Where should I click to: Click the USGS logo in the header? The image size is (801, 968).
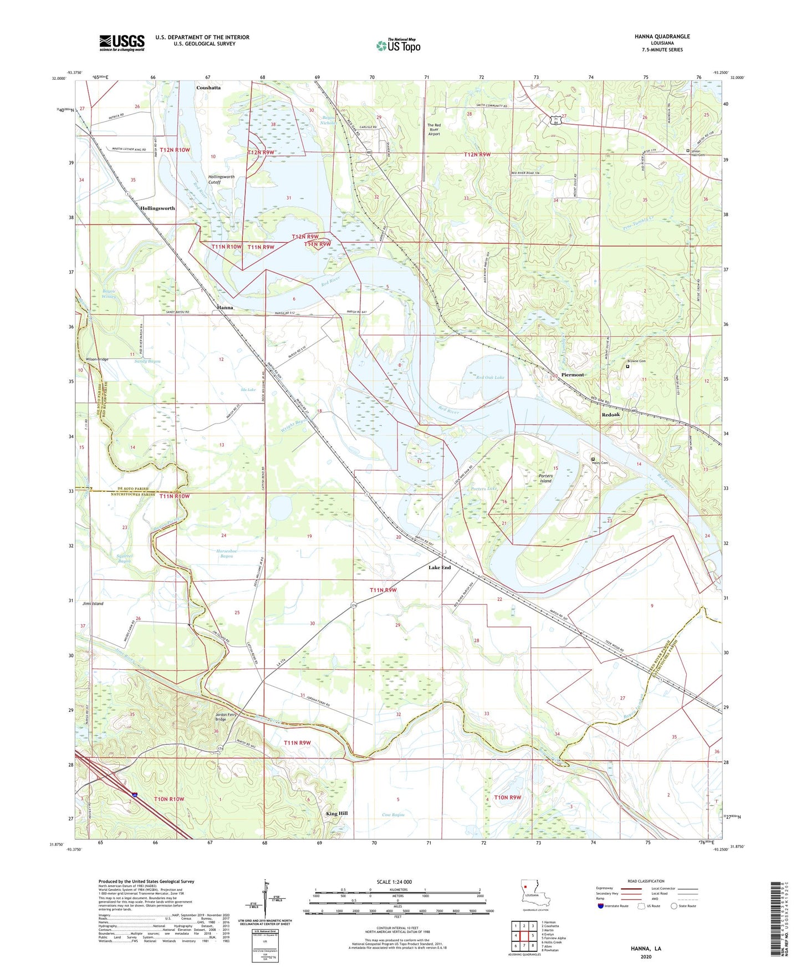[122, 42]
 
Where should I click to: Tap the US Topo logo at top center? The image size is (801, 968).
[398, 45]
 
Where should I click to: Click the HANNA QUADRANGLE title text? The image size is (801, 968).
[662, 37]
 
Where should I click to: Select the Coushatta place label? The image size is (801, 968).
[208, 88]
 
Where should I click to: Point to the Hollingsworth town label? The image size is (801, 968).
[157, 208]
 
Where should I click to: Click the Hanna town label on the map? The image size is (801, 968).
[225, 308]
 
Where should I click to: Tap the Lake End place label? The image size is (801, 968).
[440, 568]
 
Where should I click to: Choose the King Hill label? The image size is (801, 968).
[336, 813]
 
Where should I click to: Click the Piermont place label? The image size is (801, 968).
[572, 375]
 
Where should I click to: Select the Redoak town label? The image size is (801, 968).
[611, 415]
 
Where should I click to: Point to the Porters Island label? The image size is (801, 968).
[546, 478]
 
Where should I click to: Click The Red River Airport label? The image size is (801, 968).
[434, 129]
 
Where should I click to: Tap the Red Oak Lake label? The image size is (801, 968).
[491, 377]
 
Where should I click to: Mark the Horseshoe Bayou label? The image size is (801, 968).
[227, 553]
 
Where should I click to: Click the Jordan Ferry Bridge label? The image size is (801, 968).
[226, 717]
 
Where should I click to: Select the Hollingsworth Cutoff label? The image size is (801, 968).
[221, 179]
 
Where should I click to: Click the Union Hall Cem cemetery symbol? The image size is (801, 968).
[688, 150]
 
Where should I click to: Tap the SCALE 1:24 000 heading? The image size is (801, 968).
[394, 882]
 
